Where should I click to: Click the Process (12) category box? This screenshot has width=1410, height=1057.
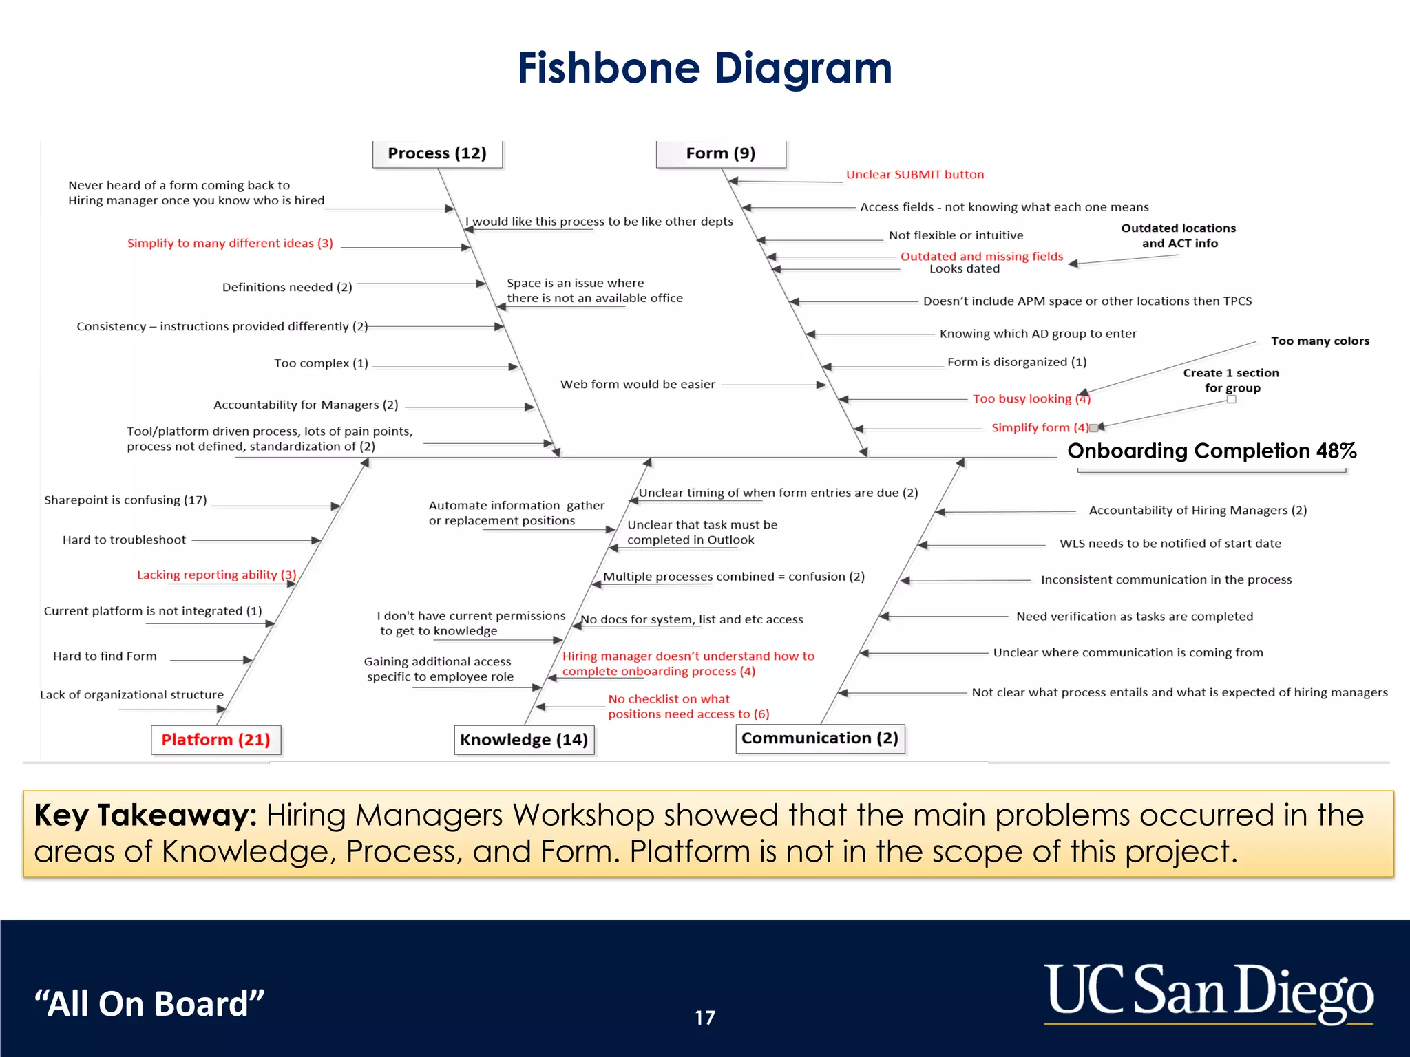coord(437,153)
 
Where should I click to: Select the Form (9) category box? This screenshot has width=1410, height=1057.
coord(720,153)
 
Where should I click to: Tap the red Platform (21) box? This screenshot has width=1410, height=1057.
coord(215,740)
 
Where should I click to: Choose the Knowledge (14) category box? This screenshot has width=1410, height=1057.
coord(524,740)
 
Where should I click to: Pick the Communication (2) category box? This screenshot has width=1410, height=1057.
coord(819,738)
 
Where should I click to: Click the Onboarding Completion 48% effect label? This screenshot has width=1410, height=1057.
coord(1211,451)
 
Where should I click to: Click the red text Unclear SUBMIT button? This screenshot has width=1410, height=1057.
coord(915,175)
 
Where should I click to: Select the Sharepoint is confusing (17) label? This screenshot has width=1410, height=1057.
coord(125,500)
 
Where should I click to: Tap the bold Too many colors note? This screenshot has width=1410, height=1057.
coord(1320,341)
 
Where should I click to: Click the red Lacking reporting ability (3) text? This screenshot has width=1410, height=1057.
coord(216,575)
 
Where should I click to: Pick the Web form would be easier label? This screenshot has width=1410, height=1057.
coord(638,385)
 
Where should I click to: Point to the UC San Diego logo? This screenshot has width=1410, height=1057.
coord(1208,993)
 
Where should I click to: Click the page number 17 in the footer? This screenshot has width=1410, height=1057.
coord(705,1018)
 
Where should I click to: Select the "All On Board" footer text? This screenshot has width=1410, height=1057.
coord(149,1003)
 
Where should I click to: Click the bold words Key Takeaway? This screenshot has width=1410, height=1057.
coord(145,815)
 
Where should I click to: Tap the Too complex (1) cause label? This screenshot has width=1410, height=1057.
coord(321,363)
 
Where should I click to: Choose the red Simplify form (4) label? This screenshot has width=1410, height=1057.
coord(1040,428)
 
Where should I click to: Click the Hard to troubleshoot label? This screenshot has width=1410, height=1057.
coord(124,540)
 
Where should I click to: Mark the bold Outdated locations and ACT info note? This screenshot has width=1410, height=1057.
coord(1178,235)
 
